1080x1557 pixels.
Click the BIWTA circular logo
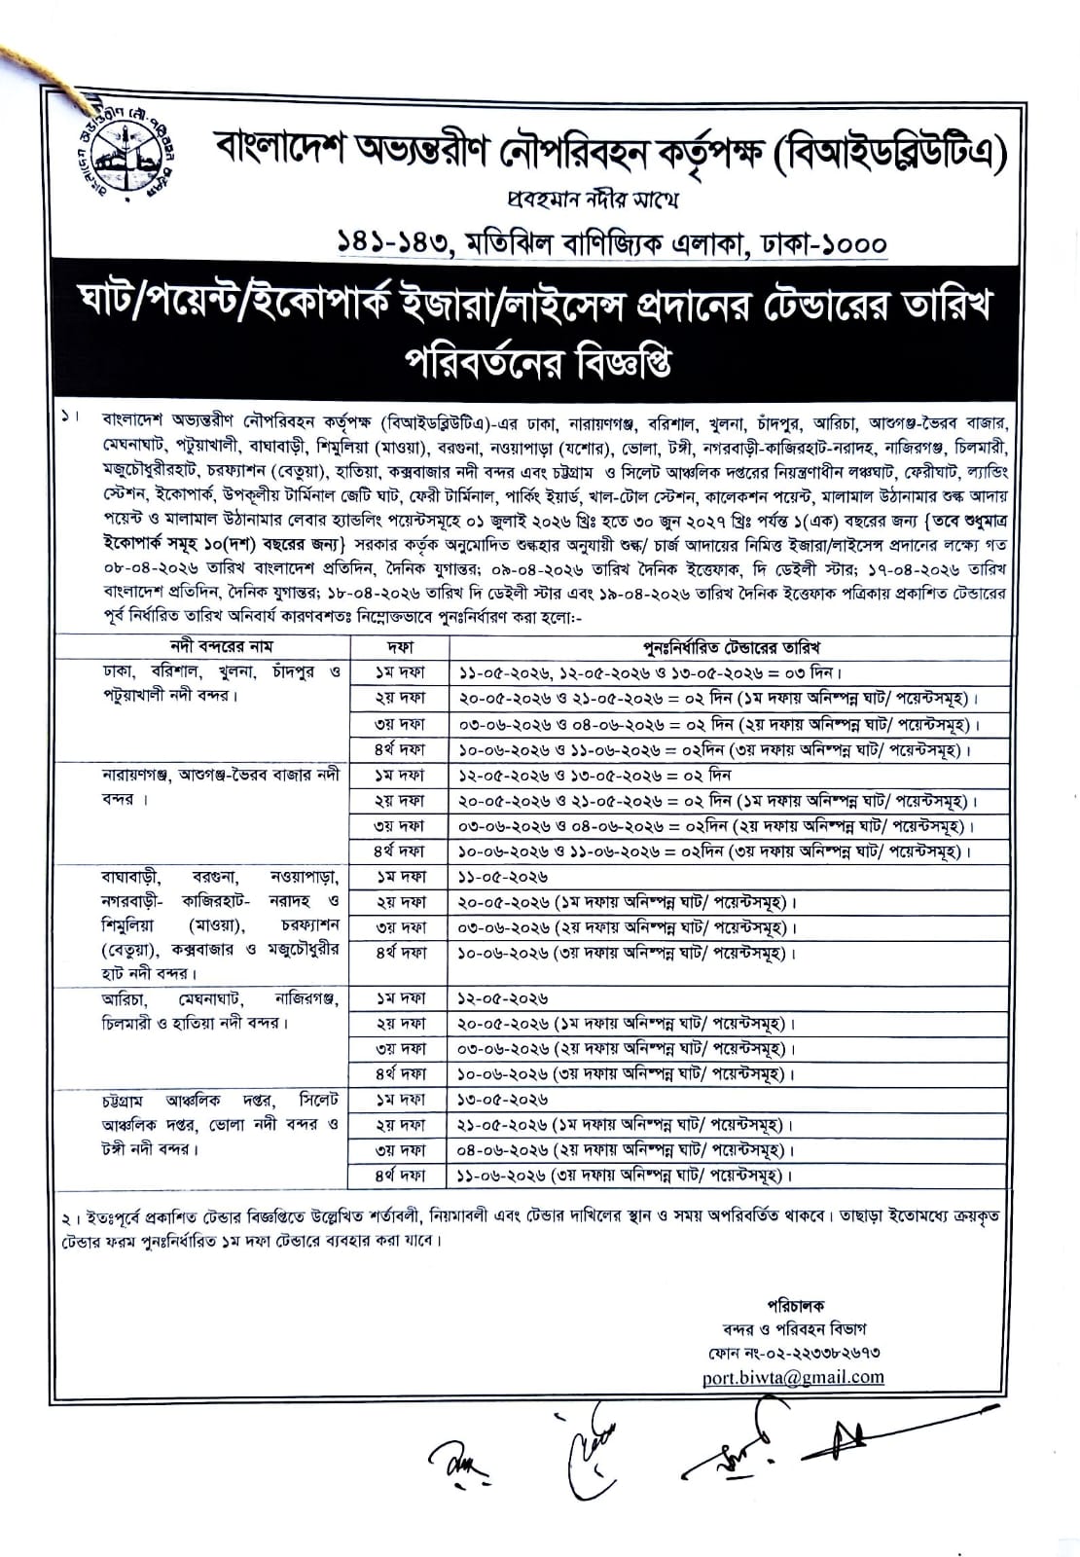(116, 149)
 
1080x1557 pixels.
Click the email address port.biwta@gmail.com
(793, 1377)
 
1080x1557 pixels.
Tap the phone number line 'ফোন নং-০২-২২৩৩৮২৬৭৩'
(795, 1353)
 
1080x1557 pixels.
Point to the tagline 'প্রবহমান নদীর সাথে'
(593, 199)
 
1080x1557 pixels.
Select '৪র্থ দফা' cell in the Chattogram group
(400, 1176)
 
